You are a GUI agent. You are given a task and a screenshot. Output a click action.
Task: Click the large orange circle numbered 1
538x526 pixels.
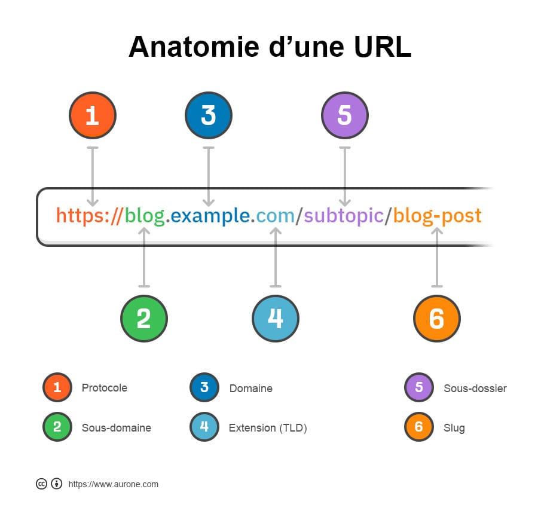tap(93, 115)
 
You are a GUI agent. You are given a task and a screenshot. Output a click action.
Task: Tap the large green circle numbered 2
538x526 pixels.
tap(144, 319)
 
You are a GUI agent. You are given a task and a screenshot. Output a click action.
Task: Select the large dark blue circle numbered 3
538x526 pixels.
tap(209, 115)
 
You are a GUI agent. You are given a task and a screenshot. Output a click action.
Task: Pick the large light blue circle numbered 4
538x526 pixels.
tap(276, 319)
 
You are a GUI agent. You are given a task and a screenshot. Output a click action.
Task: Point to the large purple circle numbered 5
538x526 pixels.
tap(345, 115)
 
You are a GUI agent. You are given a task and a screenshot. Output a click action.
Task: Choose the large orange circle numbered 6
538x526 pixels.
tap(437, 319)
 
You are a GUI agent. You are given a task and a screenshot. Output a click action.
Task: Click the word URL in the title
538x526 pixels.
tap(382, 47)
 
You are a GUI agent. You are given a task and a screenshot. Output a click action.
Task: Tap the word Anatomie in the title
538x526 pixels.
tap(194, 47)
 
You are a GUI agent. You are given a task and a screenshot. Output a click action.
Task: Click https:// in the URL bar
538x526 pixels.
tap(89, 216)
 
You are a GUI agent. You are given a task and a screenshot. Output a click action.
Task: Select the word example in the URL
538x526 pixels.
tap(210, 215)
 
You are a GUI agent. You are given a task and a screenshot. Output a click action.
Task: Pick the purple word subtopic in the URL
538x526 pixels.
tap(344, 216)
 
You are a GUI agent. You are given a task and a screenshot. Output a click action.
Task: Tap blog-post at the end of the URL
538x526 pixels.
tap(437, 216)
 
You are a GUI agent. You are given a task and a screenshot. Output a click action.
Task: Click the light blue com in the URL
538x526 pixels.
tap(275, 216)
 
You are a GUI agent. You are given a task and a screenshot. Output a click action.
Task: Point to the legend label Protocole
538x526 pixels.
tap(104, 388)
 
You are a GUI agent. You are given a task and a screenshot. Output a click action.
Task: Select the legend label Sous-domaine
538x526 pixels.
tap(117, 427)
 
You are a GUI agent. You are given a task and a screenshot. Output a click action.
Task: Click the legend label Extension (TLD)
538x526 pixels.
tap(268, 428)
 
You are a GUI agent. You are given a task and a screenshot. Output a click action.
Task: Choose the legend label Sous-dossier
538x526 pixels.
tap(475, 388)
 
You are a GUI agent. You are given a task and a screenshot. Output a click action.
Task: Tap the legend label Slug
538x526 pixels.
tap(454, 428)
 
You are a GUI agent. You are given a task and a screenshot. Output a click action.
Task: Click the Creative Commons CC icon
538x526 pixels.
tap(41, 484)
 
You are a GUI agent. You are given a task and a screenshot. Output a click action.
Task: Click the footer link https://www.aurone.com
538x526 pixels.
tap(113, 484)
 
